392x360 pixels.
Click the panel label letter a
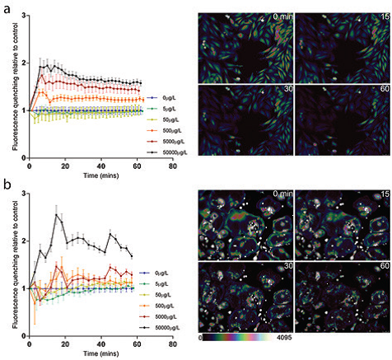point(6,7)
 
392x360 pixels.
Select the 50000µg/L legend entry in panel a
point(161,153)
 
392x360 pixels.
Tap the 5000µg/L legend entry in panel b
point(160,316)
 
